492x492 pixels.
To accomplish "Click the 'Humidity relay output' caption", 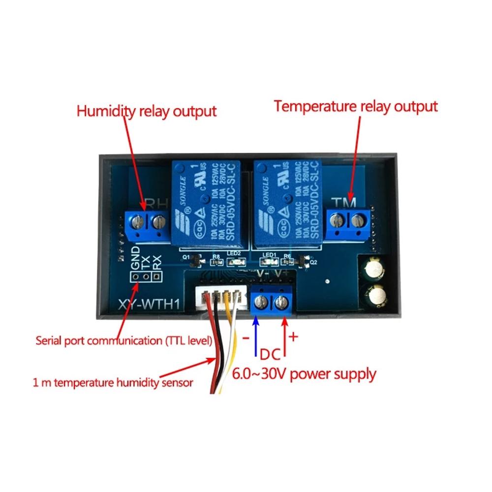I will (x=146, y=111).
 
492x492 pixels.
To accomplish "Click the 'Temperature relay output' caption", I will (x=356, y=106).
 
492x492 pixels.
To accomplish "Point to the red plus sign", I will (x=293, y=337).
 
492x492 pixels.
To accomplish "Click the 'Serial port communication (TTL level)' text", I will (x=124, y=340).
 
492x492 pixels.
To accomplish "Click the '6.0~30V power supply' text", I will (x=304, y=374).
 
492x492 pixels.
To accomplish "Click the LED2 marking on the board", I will (x=234, y=254).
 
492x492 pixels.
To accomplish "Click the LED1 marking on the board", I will (x=269, y=254).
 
